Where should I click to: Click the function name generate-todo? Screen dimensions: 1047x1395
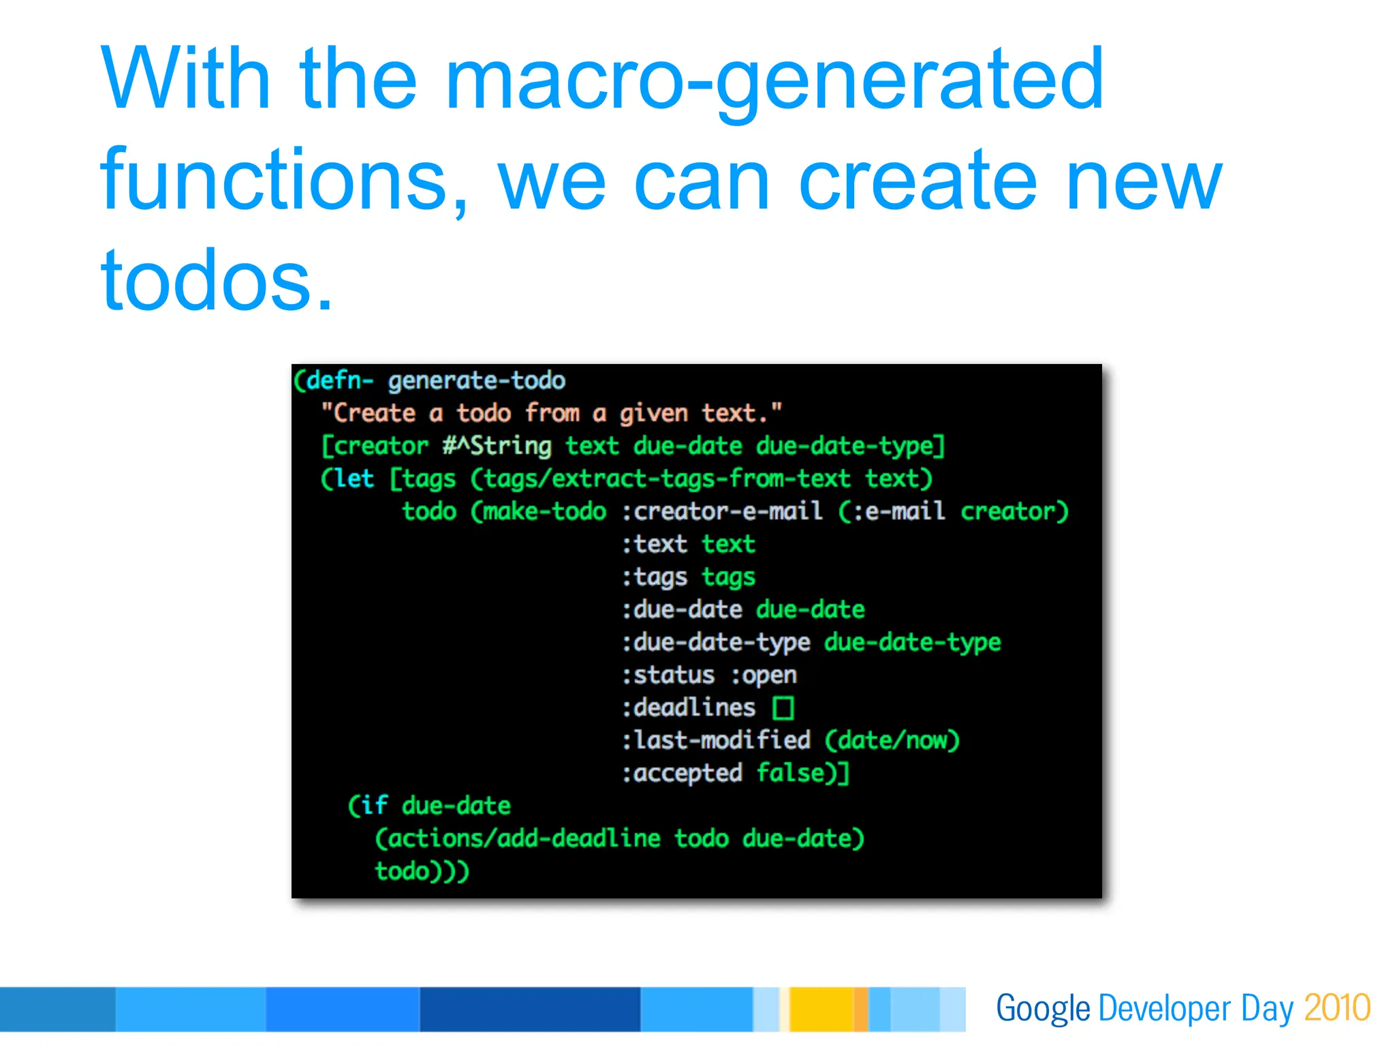(477, 380)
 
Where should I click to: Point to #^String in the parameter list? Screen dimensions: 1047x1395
(497, 446)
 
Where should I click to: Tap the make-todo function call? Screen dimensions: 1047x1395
(544, 511)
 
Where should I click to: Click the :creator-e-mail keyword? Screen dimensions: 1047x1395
(721, 511)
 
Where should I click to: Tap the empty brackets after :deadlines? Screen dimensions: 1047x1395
(783, 708)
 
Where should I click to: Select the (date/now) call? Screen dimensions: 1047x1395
(892, 740)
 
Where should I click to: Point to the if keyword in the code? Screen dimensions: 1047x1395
(374, 806)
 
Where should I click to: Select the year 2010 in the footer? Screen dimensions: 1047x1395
(1336, 1008)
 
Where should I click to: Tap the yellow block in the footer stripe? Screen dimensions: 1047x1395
(821, 1009)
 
